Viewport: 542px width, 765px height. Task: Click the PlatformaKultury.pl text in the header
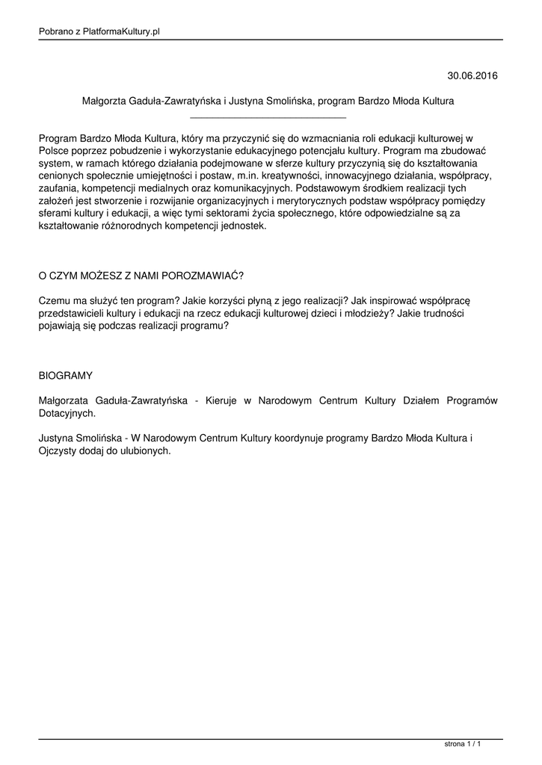(122, 31)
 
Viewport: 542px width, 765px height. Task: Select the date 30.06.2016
(472, 75)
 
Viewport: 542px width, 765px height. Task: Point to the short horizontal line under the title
(268, 117)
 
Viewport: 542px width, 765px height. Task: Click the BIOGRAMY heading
(65, 376)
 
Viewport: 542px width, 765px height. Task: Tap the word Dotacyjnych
(67, 413)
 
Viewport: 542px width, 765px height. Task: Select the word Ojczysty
(59, 451)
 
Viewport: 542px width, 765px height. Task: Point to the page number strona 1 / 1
(462, 744)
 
